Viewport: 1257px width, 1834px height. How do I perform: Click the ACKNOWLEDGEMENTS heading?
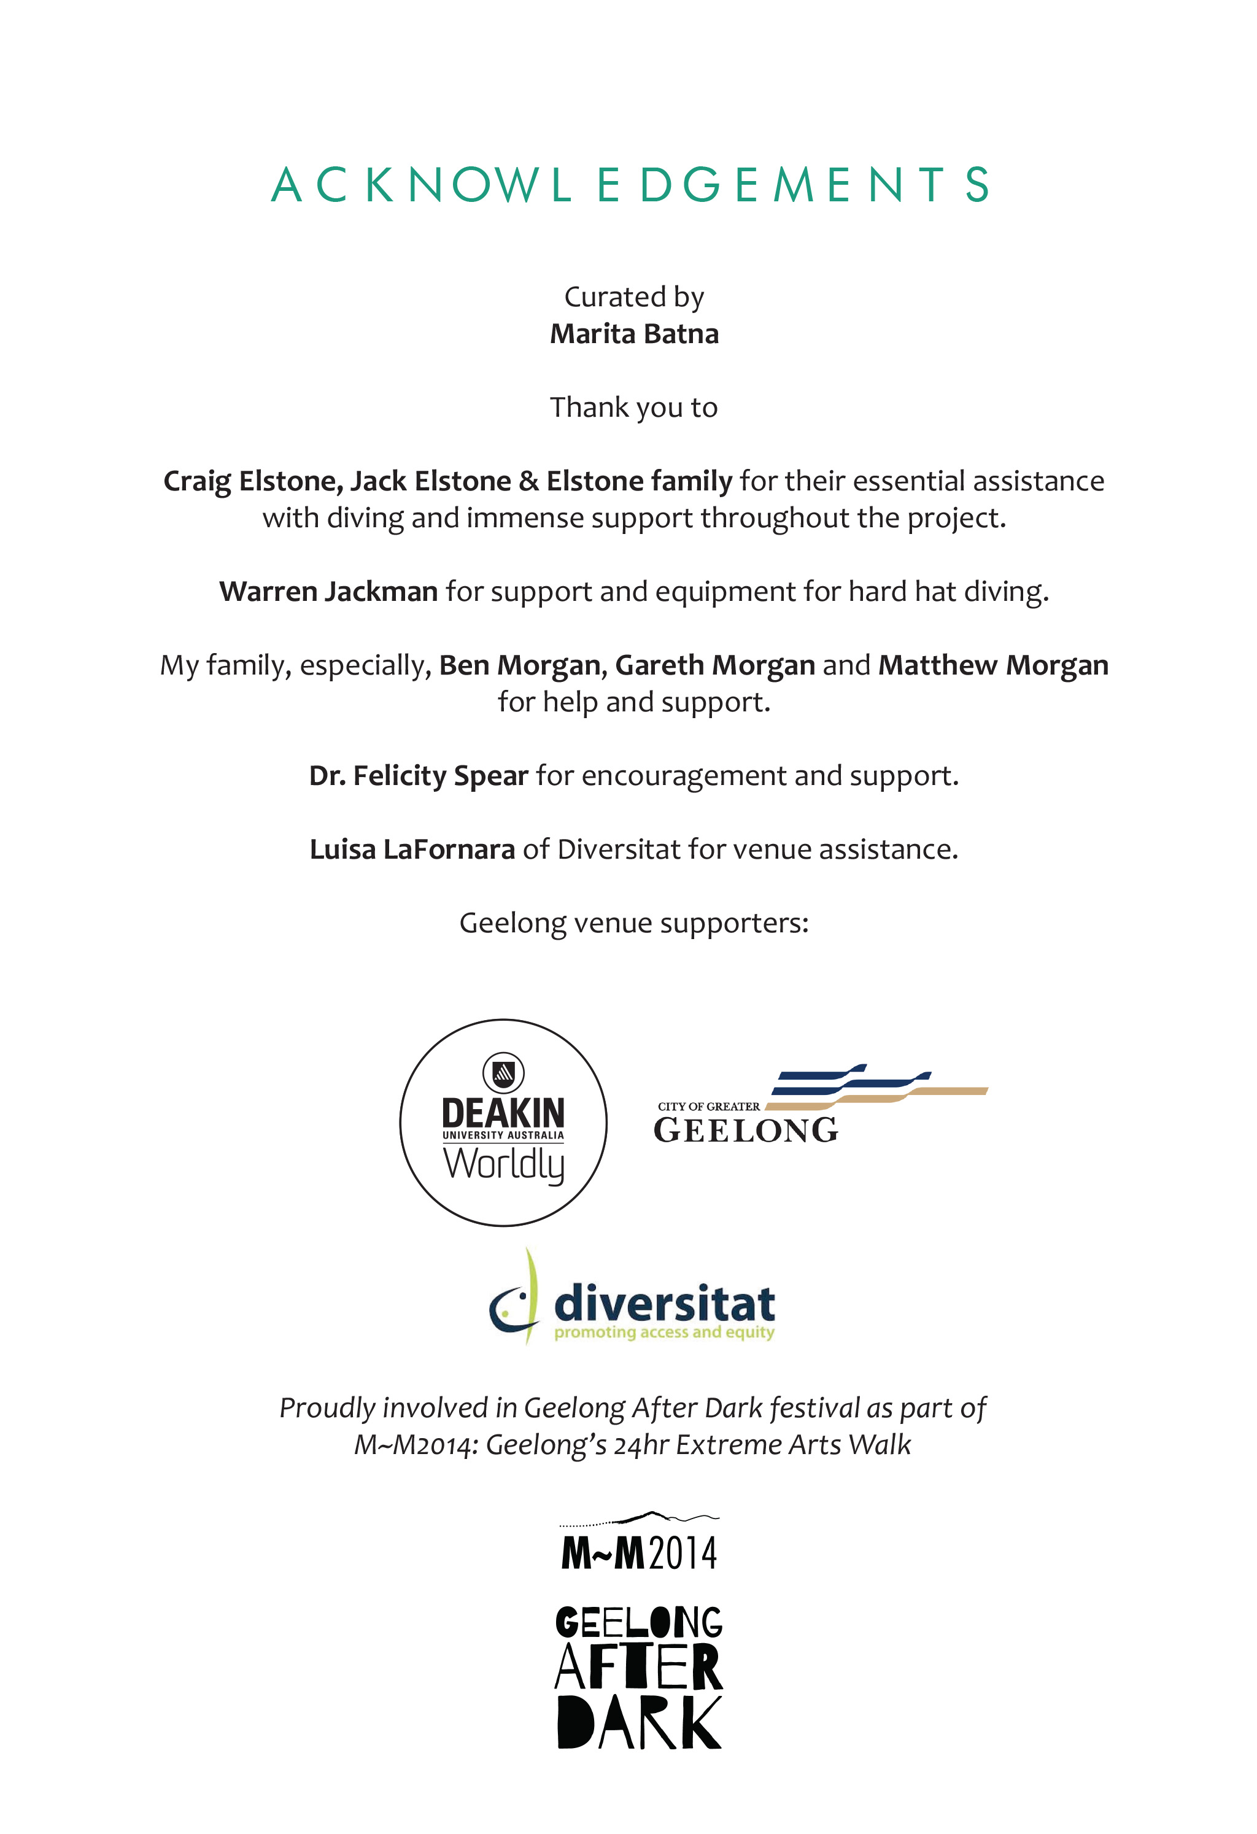point(629,185)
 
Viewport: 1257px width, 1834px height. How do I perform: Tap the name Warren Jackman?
point(328,591)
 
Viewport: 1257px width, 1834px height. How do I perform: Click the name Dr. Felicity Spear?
point(418,776)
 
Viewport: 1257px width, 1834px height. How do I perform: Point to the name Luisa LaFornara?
point(412,849)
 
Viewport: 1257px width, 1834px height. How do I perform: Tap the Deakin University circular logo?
point(503,1122)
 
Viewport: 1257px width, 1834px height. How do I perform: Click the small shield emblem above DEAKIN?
point(503,1072)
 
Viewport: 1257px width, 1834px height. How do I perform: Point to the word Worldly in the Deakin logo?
point(503,1164)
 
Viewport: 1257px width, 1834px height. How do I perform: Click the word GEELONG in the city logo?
point(746,1130)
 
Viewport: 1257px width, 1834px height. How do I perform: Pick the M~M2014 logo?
point(638,1552)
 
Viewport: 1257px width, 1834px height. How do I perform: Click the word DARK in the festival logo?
point(638,1724)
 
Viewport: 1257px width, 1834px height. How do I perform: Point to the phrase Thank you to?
point(633,407)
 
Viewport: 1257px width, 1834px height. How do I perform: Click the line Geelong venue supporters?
point(633,923)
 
